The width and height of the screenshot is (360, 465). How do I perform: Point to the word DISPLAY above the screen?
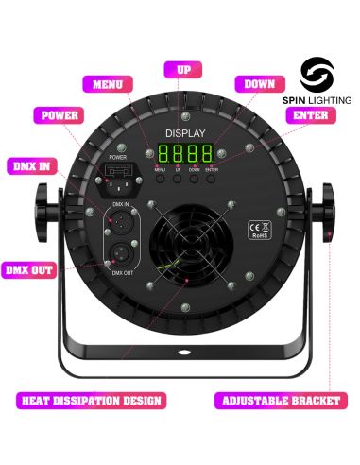180,133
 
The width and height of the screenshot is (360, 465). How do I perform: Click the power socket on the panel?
119,175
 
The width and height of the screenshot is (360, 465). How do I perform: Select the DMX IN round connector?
119,218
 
